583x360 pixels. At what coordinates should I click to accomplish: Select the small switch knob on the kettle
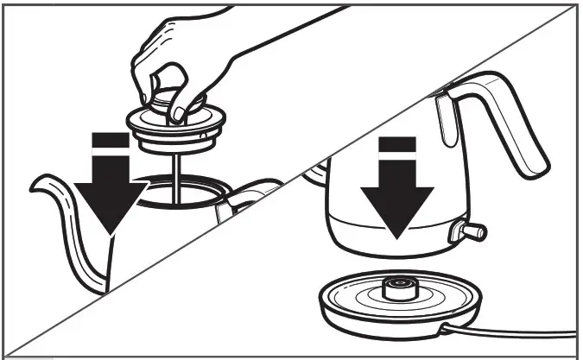(x=472, y=231)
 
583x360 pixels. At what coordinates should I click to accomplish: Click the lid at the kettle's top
(x=415, y=99)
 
